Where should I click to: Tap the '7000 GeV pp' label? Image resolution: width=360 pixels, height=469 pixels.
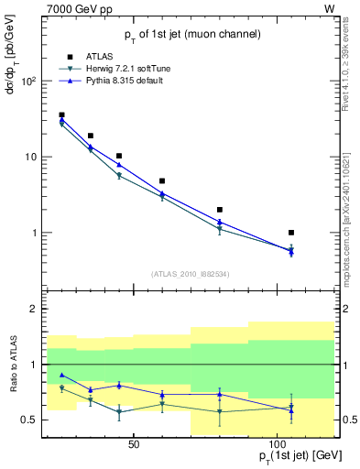pos(54,7)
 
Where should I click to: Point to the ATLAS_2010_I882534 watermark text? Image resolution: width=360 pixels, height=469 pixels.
pos(190,275)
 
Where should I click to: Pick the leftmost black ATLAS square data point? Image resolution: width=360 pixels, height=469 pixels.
pos(61,115)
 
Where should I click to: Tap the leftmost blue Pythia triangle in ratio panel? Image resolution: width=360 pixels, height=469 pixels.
pos(61,375)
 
